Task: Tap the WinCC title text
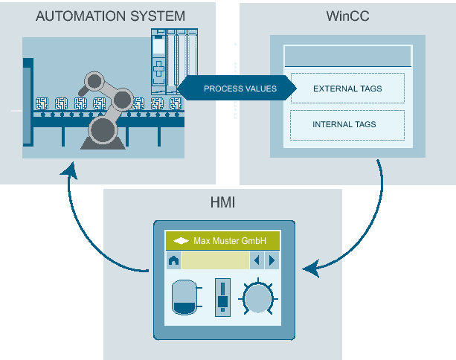[x=347, y=16]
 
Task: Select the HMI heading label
[x=222, y=202]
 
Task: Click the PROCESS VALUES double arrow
[x=240, y=89]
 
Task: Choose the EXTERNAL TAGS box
[x=347, y=89]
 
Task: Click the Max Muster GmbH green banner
[x=222, y=241]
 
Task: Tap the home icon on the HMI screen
[x=173, y=260]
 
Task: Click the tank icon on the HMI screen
[x=183, y=299]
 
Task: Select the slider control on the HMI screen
[x=222, y=298]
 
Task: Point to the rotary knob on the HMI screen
[x=258, y=300]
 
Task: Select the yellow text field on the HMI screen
[x=215, y=260]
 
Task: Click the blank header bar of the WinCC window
[x=347, y=56]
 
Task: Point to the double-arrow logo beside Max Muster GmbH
[x=181, y=241]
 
